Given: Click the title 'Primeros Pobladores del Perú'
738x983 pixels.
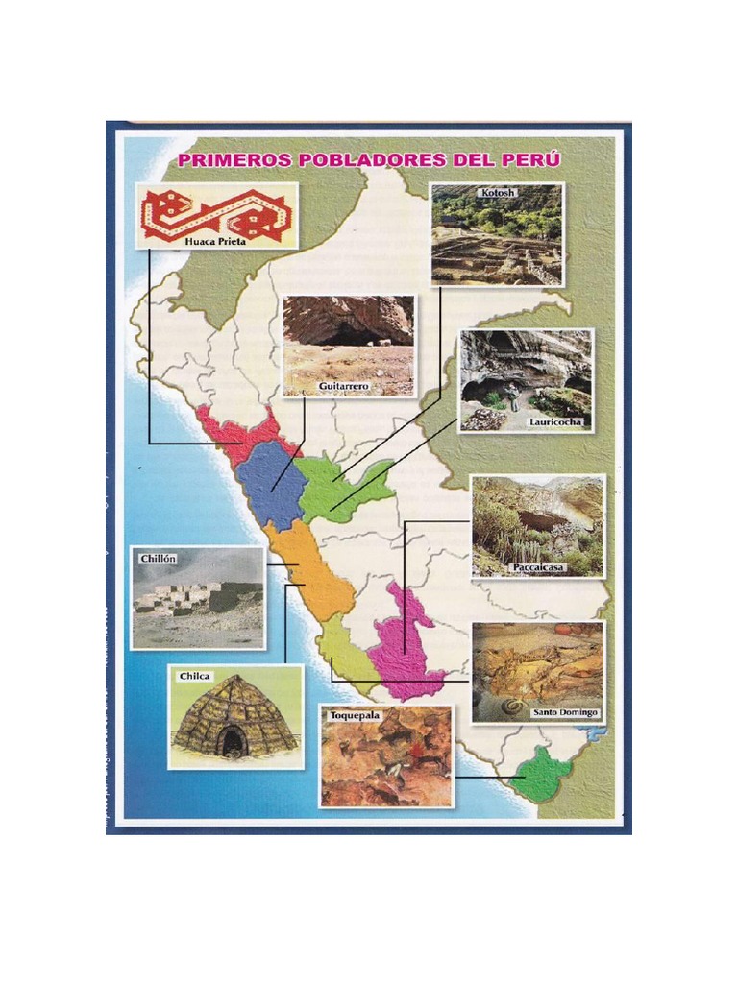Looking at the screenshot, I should [x=369, y=159].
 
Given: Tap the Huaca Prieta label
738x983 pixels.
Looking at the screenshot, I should [x=215, y=241].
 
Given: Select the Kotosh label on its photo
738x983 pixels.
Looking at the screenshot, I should [x=497, y=193].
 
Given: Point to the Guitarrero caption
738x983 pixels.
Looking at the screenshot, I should [x=343, y=386].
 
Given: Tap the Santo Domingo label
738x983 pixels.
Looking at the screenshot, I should [x=565, y=712].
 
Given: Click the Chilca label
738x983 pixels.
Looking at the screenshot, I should [x=195, y=676].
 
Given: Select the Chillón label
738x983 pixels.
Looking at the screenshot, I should [x=158, y=558].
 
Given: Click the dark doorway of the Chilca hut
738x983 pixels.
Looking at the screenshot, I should [x=232, y=740].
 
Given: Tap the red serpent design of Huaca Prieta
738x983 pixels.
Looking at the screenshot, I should [x=216, y=212].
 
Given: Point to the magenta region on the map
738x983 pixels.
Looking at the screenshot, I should [x=404, y=643].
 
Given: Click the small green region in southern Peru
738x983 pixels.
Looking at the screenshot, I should [x=541, y=773].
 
